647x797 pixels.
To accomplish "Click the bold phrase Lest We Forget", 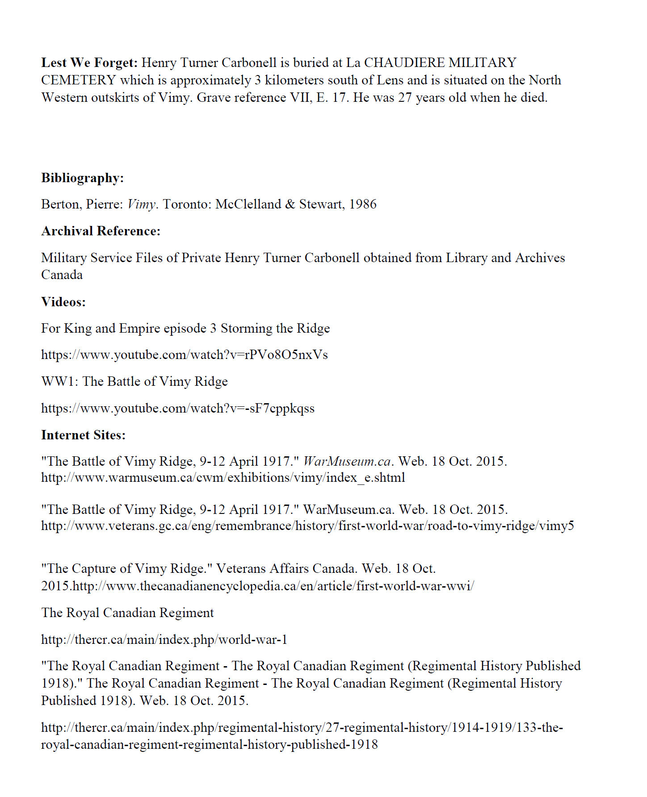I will pyautogui.click(x=89, y=63).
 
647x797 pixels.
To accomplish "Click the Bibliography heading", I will pyautogui.click(x=83, y=178).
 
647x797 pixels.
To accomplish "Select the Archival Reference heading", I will pyautogui.click(x=101, y=231).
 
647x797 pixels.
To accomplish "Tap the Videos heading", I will pyautogui.click(x=63, y=302).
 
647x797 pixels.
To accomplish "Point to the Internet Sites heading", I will pyautogui.click(x=84, y=435).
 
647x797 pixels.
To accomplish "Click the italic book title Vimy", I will pyautogui.click(x=141, y=204).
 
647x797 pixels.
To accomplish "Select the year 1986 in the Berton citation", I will pyautogui.click(x=362, y=204).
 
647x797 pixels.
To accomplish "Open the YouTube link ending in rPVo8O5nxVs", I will pyautogui.click(x=184, y=355).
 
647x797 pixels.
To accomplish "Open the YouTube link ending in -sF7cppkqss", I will pyautogui.click(x=178, y=408).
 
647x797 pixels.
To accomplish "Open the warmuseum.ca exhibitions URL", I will pyautogui.click(x=223, y=478).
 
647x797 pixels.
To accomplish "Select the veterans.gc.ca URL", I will pyautogui.click(x=307, y=526).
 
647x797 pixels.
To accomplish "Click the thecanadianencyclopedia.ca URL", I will pyautogui.click(x=273, y=586).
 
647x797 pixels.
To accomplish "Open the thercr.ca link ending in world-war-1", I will pyautogui.click(x=164, y=639).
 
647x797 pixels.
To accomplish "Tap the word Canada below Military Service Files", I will pyautogui.click(x=62, y=275).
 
